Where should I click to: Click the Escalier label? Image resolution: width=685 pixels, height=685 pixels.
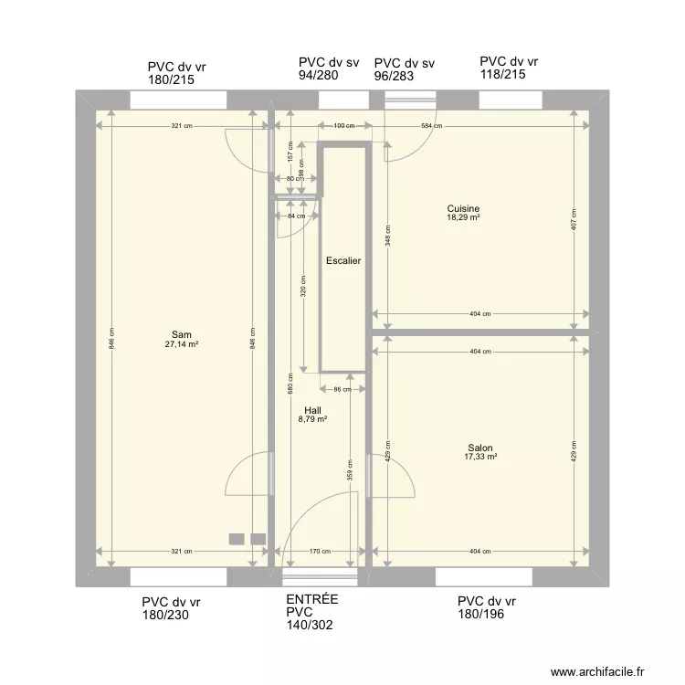click(343, 261)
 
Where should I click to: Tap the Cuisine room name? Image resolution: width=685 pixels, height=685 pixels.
click(463, 208)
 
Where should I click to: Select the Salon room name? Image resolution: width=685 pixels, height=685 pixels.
click(480, 448)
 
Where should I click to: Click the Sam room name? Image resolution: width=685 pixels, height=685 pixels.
click(181, 334)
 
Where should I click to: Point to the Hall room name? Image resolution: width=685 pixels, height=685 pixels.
click(312, 411)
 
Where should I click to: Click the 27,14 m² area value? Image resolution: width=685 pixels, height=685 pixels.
click(181, 344)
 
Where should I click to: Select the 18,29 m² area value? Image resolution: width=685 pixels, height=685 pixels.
click(463, 218)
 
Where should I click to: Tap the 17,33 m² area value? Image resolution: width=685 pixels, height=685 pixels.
click(480, 458)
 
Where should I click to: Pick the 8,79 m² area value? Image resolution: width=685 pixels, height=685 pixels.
click(312, 420)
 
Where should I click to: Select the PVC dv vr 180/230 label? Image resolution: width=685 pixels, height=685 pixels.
click(171, 609)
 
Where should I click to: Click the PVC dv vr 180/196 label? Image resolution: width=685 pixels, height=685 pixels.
click(487, 608)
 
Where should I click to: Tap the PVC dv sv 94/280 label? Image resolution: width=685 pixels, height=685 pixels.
click(328, 69)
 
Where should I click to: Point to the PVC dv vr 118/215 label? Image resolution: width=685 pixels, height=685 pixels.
click(509, 68)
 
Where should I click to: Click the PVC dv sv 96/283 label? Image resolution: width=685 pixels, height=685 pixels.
click(404, 70)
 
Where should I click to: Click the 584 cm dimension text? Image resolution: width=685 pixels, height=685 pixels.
click(431, 125)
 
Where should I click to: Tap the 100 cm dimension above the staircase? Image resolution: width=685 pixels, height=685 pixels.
click(343, 125)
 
